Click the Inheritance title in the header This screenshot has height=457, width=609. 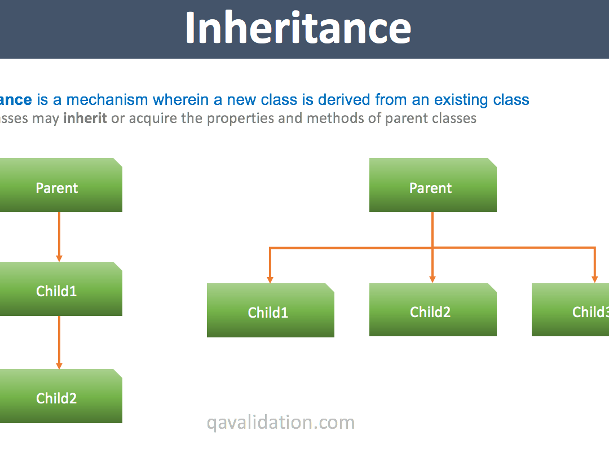click(298, 28)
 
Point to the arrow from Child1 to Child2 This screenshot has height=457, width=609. click(59, 341)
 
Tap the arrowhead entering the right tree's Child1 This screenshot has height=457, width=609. click(270, 279)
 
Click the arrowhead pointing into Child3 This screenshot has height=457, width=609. click(594, 279)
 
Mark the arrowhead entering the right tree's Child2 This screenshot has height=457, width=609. click(433, 279)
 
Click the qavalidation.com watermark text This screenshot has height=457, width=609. click(280, 422)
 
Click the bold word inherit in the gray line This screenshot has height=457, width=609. click(85, 118)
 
